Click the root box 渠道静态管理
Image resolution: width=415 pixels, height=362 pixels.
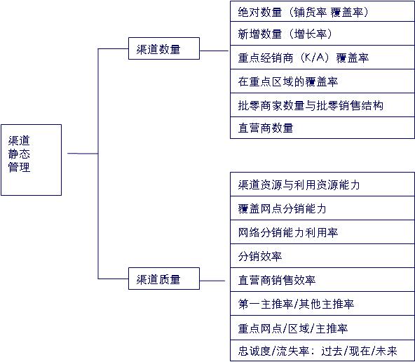[x=32, y=160]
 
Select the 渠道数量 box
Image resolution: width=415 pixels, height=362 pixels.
[x=164, y=48]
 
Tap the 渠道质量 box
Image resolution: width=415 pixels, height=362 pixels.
[x=164, y=279]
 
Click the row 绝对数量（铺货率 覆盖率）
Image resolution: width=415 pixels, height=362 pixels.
[x=322, y=11]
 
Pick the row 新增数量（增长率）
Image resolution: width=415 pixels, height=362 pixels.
[x=322, y=34]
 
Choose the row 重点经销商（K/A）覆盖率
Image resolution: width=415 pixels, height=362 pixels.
[x=322, y=58]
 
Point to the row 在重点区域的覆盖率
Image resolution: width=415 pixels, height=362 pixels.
[x=322, y=81]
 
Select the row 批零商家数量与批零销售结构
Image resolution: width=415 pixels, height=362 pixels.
[x=322, y=105]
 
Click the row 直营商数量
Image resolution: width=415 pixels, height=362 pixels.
[x=322, y=128]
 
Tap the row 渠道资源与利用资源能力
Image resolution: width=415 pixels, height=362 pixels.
[x=322, y=185]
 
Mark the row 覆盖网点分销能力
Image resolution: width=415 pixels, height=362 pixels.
[x=322, y=208]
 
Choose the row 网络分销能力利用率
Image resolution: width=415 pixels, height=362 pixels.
[x=322, y=232]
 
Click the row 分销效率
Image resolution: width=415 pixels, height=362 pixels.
[x=322, y=256]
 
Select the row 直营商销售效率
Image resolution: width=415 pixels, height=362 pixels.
[x=322, y=280]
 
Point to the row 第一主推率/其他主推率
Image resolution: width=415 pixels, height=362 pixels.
[x=322, y=304]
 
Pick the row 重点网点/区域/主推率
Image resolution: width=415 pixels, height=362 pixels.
[x=322, y=328]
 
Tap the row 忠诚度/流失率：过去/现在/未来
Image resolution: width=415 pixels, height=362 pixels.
[x=322, y=351]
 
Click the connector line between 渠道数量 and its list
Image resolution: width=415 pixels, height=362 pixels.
[x=214, y=51]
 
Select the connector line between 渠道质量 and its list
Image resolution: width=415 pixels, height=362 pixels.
[x=212, y=281]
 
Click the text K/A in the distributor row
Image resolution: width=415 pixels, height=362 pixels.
[x=314, y=58]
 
